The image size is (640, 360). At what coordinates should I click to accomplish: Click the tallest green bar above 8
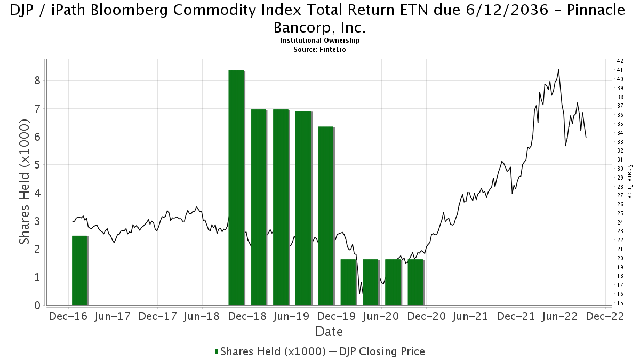point(236,188)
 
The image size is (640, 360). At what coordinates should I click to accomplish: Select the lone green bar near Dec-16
point(79,270)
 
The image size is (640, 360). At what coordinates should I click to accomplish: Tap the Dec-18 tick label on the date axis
point(247,316)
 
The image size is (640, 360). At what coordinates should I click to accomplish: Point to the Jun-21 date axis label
point(470,316)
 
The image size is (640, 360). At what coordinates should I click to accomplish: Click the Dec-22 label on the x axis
point(605,316)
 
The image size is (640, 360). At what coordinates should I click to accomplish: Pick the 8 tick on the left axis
point(37,81)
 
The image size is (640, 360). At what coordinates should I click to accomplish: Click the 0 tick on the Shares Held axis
point(37,306)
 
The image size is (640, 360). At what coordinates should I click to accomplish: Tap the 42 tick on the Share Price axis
point(620,61)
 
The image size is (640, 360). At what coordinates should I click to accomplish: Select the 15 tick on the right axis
point(620,303)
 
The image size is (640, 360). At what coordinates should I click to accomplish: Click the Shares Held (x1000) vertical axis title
point(25,182)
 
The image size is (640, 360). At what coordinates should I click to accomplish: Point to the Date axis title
point(329,332)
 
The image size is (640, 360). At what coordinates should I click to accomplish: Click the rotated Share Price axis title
point(629,181)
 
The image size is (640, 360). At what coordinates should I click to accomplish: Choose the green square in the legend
point(217,351)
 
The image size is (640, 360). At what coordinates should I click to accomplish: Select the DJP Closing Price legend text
point(382,351)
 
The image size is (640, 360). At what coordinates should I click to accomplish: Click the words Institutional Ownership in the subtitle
point(320,41)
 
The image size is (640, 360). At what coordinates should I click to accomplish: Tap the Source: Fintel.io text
point(319,50)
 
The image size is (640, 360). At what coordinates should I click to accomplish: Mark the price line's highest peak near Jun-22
point(558,69)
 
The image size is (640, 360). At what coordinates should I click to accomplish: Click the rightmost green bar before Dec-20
point(415,282)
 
